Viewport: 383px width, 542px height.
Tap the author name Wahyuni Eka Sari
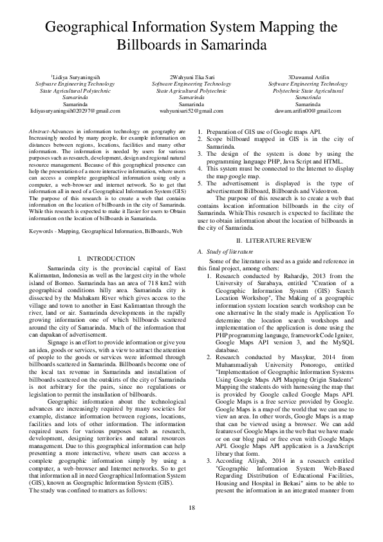[x=191, y=77]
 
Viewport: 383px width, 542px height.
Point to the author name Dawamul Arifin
[x=310, y=77]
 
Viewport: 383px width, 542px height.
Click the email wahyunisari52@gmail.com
[x=191, y=111]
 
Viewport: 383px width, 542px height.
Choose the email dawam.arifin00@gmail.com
[x=308, y=111]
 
